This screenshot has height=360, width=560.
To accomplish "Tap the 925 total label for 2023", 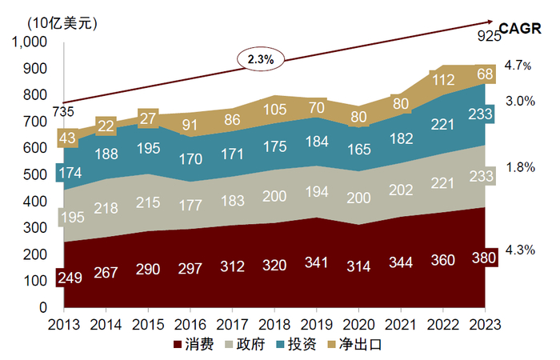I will click(x=488, y=34).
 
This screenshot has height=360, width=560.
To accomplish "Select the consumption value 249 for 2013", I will click(x=67, y=279).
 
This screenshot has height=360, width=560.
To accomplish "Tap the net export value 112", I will click(x=442, y=79).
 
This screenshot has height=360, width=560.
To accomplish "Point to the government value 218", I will click(x=107, y=207).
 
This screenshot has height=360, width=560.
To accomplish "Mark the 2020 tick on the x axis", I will click(x=358, y=324).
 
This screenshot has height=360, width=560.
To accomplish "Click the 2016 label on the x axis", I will click(x=190, y=324).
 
